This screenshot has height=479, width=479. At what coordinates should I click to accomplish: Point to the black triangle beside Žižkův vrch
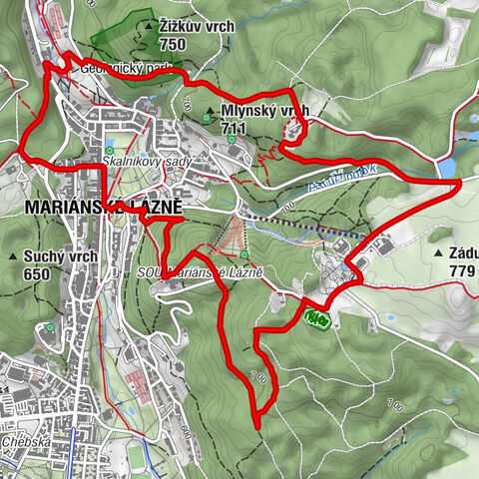149,24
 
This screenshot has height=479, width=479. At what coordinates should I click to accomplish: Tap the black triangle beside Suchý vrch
13,256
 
